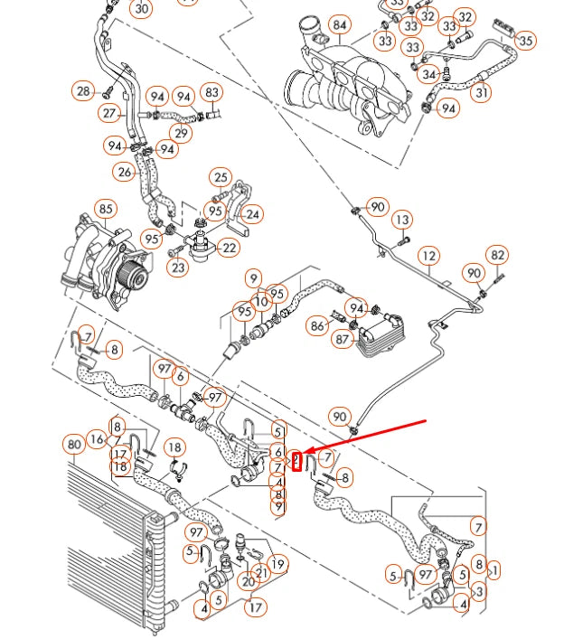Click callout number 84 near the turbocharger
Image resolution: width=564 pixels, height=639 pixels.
339,24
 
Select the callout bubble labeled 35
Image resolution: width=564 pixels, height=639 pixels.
525,40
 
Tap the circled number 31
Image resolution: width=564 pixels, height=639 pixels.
482,91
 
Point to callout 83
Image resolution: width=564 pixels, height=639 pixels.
212,92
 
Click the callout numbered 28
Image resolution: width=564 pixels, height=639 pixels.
84,91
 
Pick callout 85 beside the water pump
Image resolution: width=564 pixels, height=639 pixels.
107,210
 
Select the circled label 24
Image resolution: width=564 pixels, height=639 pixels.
253,214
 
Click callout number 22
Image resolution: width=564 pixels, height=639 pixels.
230,248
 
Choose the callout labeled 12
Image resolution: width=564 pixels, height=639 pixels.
428,256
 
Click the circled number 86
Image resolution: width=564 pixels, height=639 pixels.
317,324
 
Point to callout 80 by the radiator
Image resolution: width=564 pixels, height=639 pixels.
74,444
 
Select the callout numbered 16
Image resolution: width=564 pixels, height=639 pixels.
97,440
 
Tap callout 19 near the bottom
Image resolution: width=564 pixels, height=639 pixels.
278,565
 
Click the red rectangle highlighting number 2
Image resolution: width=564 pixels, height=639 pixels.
295,462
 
